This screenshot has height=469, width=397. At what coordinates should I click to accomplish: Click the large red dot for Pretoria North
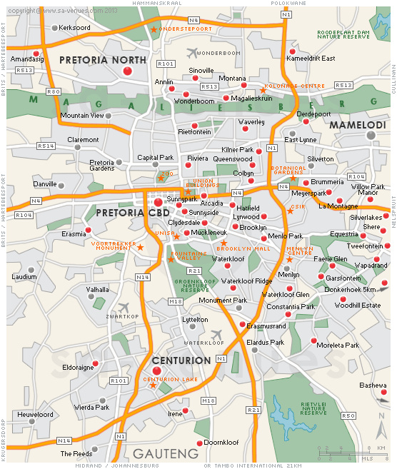128,71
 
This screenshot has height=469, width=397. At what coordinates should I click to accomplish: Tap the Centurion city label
181,360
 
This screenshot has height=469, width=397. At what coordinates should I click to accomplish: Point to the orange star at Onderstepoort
154,29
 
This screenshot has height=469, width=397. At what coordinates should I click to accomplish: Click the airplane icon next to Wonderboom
191,53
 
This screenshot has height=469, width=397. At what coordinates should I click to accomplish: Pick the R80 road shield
53,92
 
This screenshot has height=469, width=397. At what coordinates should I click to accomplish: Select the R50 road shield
348,415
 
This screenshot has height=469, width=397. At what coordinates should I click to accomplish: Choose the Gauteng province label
165,453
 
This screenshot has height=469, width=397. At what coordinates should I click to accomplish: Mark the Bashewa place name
373,385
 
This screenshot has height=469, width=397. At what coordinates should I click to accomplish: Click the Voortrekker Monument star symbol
140,247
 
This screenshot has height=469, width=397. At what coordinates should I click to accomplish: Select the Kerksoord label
74,28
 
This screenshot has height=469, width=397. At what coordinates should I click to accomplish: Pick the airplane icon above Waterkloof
218,335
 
